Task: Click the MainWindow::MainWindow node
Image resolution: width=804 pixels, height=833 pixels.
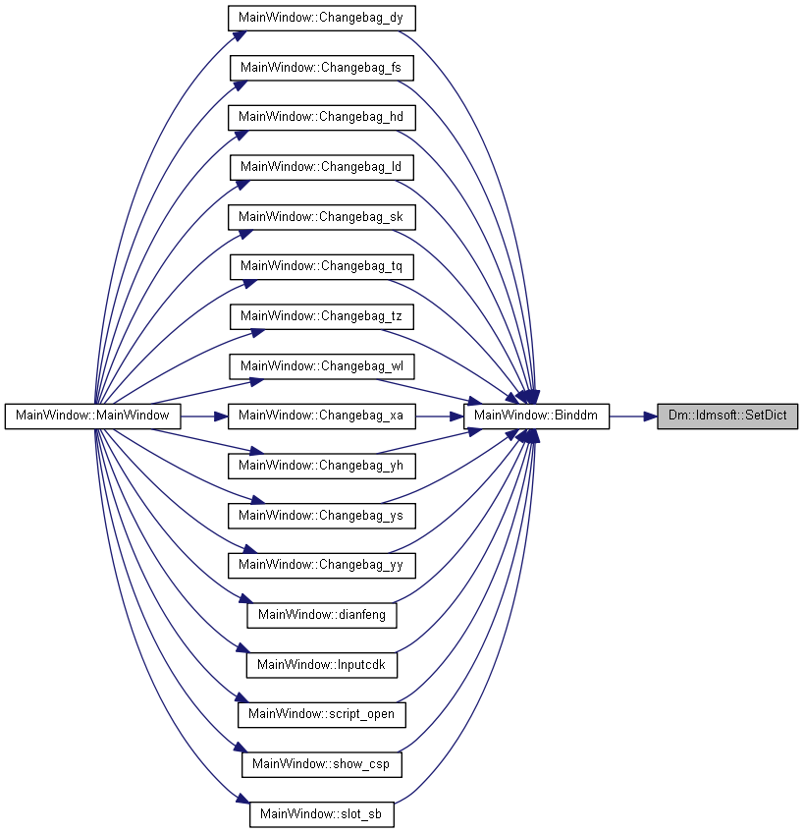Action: click(93, 416)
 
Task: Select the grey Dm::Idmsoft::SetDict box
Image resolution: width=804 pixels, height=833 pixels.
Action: click(727, 416)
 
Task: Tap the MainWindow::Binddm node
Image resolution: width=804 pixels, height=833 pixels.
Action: click(536, 416)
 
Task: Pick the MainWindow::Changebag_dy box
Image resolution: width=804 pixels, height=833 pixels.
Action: click(322, 18)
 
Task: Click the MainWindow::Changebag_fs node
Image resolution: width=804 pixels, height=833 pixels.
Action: click(322, 68)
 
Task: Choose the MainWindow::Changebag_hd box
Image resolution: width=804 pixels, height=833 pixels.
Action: click(322, 118)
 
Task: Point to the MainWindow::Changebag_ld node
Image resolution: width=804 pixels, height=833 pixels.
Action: click(322, 167)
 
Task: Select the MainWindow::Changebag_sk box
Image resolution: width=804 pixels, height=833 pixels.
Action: click(322, 217)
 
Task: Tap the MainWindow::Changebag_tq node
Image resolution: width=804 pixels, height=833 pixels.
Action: click(322, 266)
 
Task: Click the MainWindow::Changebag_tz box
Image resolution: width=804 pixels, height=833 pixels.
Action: click(322, 316)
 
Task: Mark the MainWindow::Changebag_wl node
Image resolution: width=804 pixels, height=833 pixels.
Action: click(322, 366)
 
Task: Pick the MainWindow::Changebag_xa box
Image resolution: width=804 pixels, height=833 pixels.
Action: click(322, 416)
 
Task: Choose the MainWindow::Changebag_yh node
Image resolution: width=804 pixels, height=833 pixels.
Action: click(322, 466)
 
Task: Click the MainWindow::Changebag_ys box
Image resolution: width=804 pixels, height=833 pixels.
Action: click(322, 516)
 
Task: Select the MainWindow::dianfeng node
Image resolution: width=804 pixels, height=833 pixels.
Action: click(322, 615)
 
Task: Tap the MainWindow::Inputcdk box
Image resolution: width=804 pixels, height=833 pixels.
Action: click(322, 665)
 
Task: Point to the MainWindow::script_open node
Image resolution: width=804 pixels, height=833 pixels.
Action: click(322, 714)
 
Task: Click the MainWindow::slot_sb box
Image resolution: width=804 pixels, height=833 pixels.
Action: click(322, 814)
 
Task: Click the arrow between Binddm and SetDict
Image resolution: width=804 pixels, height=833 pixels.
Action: click(633, 416)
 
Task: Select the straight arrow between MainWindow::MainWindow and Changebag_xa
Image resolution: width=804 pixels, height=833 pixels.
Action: click(204, 416)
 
